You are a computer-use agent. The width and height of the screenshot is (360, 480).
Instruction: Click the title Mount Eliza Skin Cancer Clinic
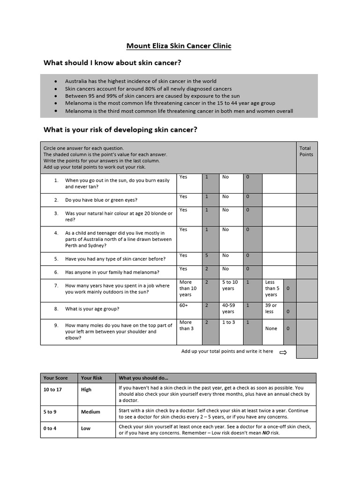(179, 46)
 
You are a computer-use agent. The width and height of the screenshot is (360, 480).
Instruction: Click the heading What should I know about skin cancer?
(112, 62)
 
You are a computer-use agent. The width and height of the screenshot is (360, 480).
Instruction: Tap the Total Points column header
(306, 151)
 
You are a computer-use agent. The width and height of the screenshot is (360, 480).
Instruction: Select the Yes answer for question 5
(183, 255)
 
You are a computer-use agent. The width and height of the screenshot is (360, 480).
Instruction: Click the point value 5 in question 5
(207, 255)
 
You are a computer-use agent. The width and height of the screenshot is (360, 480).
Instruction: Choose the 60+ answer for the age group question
(183, 305)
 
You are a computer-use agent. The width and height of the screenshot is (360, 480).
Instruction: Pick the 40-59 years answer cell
(228, 308)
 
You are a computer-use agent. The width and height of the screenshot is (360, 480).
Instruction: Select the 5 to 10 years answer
(230, 285)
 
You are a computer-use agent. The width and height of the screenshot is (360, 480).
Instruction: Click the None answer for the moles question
(271, 329)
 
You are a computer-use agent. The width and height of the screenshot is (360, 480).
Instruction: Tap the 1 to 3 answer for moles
(228, 322)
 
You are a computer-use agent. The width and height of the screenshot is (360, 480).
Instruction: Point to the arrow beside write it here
(283, 352)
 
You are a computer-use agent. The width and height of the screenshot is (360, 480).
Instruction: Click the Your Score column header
(55, 378)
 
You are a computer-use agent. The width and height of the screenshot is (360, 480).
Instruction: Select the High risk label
(86, 390)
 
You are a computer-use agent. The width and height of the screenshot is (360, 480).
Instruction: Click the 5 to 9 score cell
(50, 412)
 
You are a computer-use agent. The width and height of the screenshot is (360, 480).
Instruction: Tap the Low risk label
(86, 428)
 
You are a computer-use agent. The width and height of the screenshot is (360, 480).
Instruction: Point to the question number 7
(56, 285)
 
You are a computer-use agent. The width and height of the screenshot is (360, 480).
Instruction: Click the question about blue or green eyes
(101, 200)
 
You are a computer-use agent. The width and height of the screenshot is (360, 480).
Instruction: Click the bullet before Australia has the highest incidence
(56, 81)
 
